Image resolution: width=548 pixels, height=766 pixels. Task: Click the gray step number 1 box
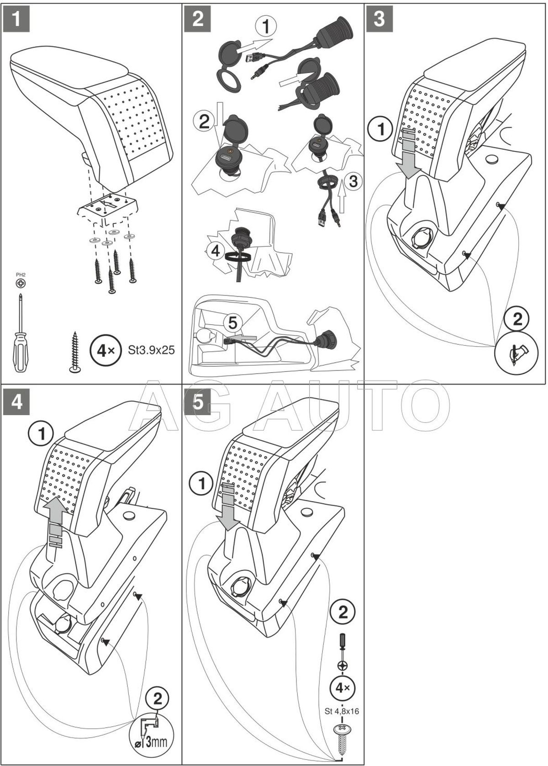pyautogui.click(x=16, y=19)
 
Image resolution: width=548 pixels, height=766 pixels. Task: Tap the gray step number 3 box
pyautogui.click(x=379, y=19)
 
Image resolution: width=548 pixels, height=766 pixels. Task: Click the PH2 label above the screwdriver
pyautogui.click(x=21, y=275)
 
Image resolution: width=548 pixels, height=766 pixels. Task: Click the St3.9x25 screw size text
pyautogui.click(x=150, y=351)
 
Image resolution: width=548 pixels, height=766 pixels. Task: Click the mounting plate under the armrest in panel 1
pyautogui.click(x=107, y=206)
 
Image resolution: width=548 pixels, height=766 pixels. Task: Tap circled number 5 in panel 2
pyautogui.click(x=233, y=323)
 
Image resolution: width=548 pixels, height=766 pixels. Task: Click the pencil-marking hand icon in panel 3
pyautogui.click(x=517, y=351)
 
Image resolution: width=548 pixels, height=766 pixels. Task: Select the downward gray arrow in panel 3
pyautogui.click(x=409, y=155)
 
